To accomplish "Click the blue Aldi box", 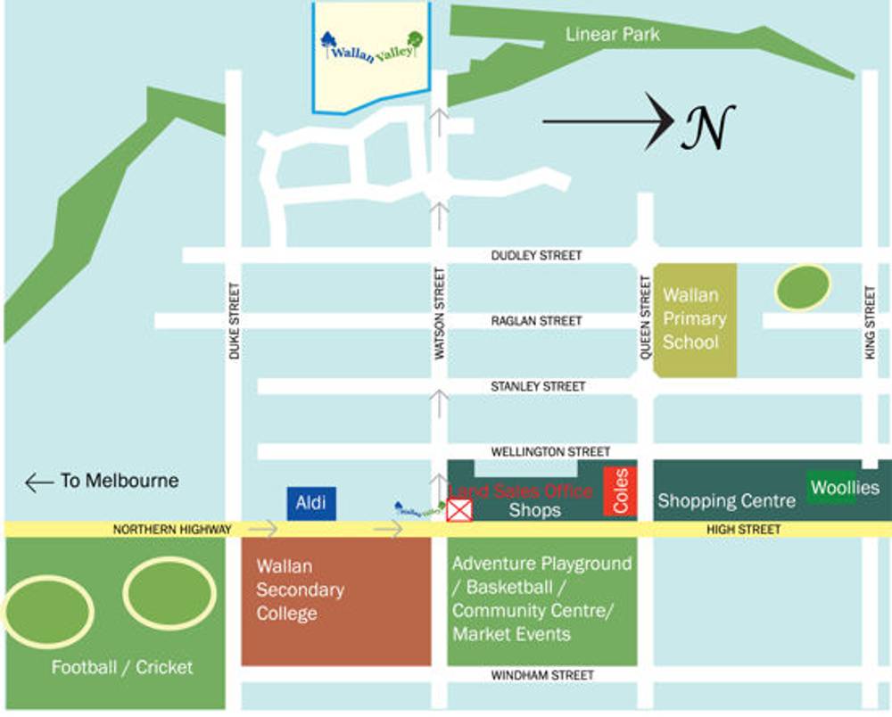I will click(311, 504).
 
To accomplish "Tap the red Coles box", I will click(620, 491).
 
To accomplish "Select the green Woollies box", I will click(844, 488).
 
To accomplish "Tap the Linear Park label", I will click(613, 35).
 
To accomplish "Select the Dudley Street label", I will click(536, 256).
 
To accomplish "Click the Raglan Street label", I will click(536, 321).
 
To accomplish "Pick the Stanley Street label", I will click(538, 387).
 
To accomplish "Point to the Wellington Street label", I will click(551, 452).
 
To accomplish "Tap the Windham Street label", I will click(542, 676).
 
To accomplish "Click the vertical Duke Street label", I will click(234, 321).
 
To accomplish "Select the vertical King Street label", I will click(870, 323).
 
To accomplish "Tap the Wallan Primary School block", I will click(695, 319).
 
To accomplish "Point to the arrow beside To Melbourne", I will click(39, 482).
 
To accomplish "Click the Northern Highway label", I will click(171, 530).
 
